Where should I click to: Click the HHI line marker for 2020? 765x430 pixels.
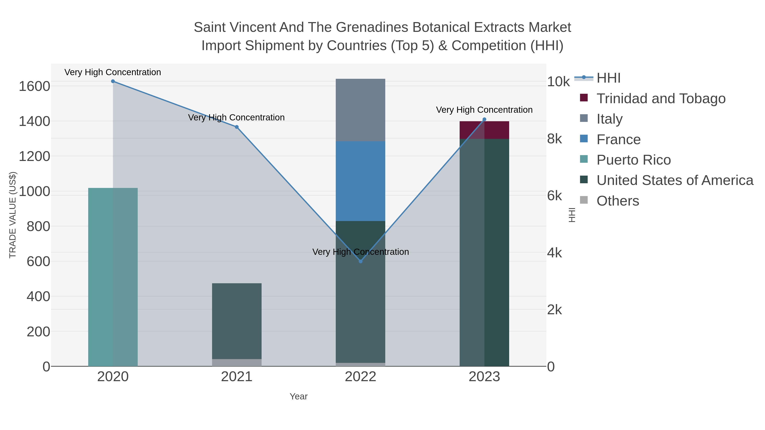coord(113,81)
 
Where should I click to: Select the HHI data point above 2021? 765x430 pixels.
coord(237,127)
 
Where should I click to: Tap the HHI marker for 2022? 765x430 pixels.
coord(361,261)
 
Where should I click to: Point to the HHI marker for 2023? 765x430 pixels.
coord(484,119)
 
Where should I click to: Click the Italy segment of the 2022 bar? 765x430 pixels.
coord(361,110)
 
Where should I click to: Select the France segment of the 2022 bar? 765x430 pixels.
coord(361,181)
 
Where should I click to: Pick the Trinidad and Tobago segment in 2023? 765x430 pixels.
coord(484,130)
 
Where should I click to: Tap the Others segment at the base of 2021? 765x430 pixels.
coord(237,363)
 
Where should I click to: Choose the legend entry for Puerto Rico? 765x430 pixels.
coord(633,160)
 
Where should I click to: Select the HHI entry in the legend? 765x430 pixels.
coord(608,78)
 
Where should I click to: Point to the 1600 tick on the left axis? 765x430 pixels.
coord(34,86)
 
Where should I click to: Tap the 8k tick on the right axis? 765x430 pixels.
coord(554,139)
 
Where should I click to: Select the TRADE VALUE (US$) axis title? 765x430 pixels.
coord(13,215)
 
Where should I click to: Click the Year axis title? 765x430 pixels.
coord(299,396)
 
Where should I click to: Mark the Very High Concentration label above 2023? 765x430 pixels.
coord(484,110)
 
